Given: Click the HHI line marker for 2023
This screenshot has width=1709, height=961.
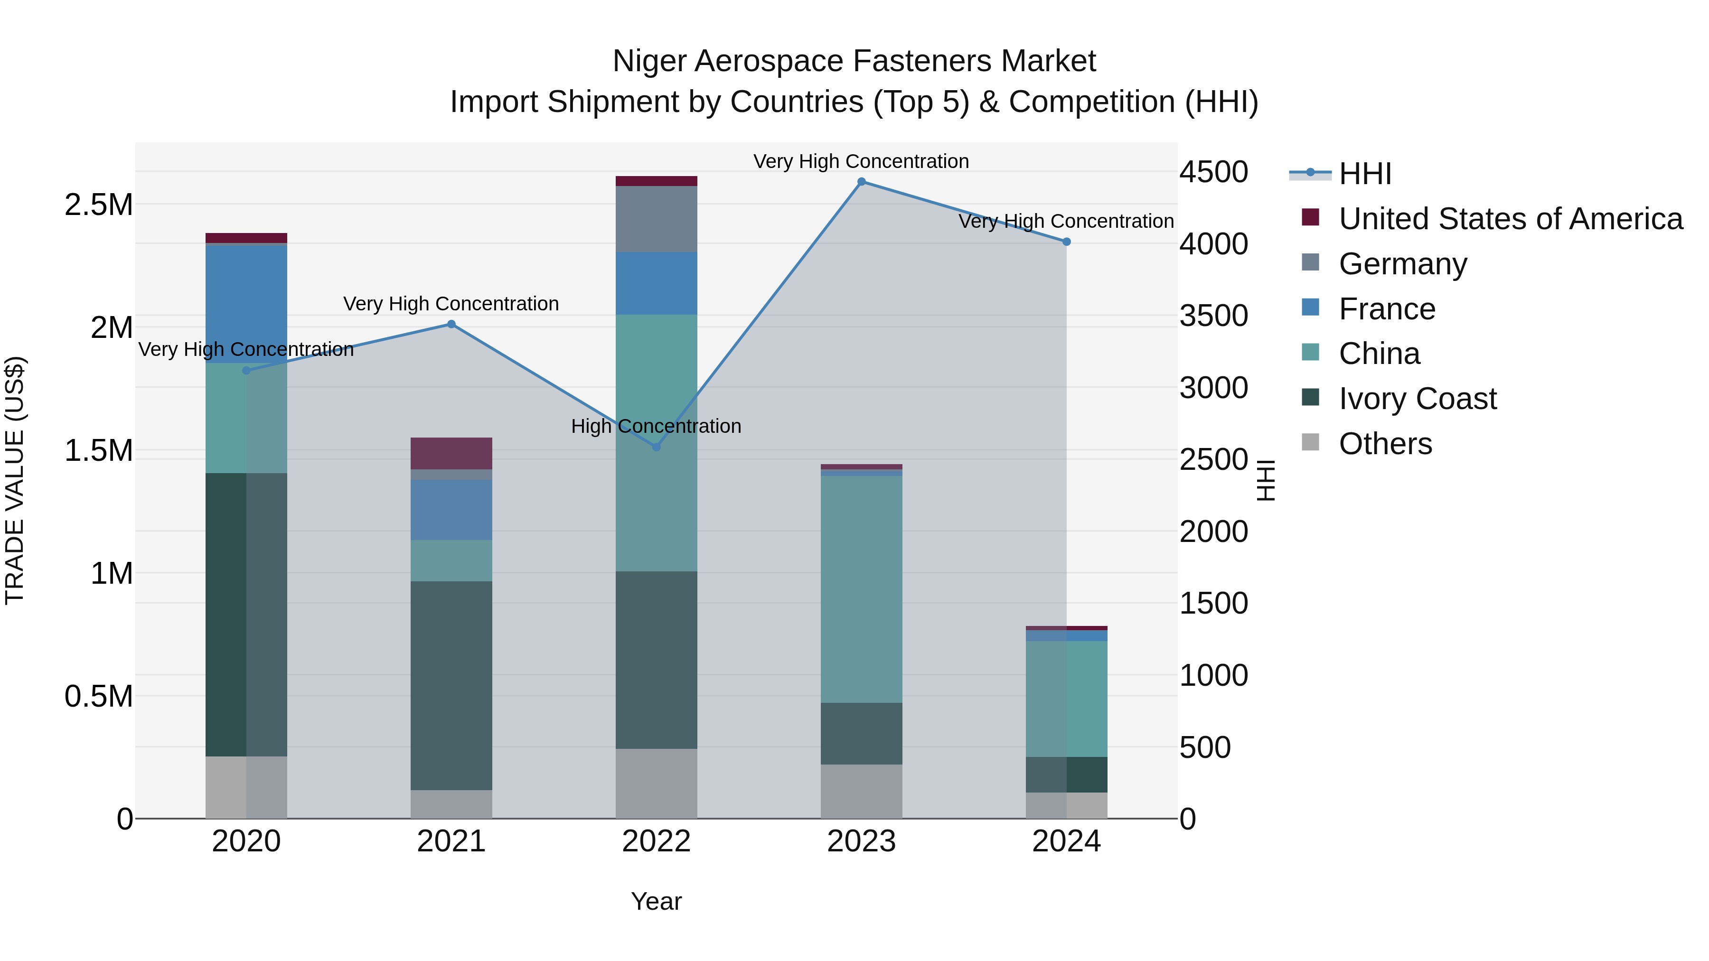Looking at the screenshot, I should point(861,182).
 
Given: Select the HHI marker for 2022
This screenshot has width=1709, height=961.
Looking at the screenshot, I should point(656,447).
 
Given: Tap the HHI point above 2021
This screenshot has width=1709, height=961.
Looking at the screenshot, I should point(451,324).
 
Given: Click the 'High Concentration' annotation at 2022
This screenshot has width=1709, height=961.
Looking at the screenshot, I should point(656,427).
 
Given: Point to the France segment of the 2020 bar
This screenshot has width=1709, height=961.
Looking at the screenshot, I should point(246,304).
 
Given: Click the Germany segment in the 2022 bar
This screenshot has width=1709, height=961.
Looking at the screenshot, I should point(656,219).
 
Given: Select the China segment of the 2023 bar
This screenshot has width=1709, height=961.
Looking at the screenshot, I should point(861,589).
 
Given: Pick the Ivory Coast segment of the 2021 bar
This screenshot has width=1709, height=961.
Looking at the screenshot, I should point(451,685).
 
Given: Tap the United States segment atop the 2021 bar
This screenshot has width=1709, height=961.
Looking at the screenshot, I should point(451,453).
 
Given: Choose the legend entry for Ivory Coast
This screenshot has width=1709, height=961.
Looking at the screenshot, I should point(1417,399).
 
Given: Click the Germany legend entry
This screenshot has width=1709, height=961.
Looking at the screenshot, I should point(1402,264).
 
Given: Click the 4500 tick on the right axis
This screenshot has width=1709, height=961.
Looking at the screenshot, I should point(1213,172).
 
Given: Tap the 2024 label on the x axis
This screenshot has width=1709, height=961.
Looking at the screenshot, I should point(1066,841).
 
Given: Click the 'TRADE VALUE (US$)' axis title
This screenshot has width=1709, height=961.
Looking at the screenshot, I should point(15,480).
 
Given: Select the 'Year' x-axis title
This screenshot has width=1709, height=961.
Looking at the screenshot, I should point(656,901).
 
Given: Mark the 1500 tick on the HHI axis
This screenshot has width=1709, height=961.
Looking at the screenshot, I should point(1213,604).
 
